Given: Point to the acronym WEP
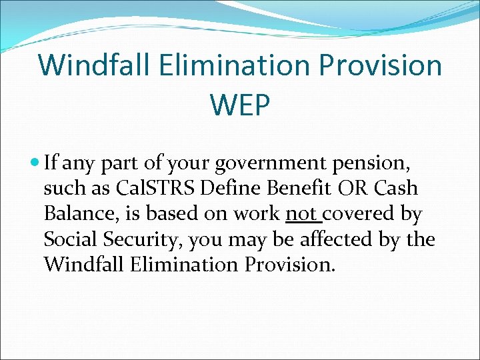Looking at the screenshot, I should click(240, 104).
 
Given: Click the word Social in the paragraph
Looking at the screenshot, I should click(71, 239).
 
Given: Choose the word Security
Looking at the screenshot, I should click(140, 239).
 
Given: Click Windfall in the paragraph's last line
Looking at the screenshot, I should click(83, 265).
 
